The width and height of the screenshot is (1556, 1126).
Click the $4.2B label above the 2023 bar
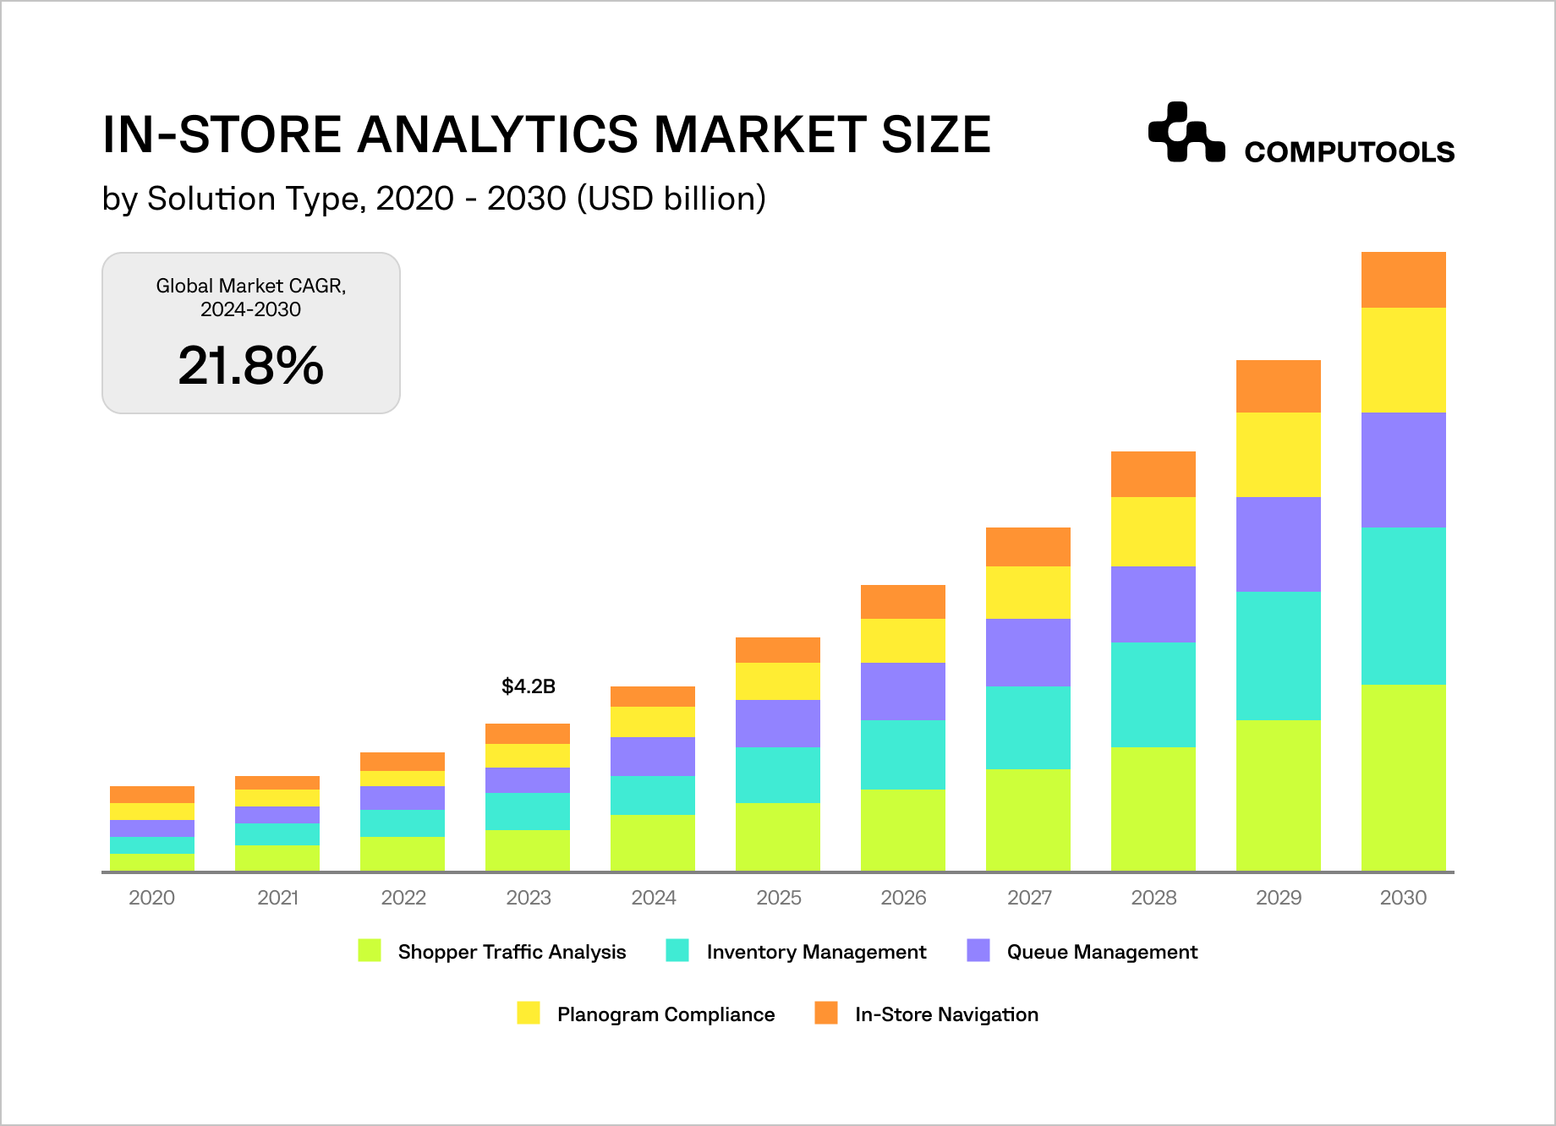(529, 686)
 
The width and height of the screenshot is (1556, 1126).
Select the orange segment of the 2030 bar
(1403, 280)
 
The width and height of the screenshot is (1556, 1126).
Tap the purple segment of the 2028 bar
(1153, 604)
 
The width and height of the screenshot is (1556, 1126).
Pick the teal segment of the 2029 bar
(1278, 656)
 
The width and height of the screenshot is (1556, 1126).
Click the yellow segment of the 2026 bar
(902, 641)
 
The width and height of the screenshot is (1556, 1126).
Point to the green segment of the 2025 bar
(777, 837)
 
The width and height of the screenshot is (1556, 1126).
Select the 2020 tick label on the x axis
(151, 898)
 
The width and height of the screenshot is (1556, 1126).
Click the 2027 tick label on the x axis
(1028, 898)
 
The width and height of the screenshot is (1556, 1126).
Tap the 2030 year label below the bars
(1403, 898)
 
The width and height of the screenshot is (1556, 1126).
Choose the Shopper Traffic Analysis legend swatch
(370, 951)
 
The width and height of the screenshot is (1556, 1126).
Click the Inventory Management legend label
(816, 952)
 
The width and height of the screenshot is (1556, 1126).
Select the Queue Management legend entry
(1101, 952)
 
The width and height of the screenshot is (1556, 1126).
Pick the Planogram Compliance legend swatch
(529, 1014)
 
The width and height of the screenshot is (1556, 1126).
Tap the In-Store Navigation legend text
(946, 1014)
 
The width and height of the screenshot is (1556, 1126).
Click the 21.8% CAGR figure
(250, 366)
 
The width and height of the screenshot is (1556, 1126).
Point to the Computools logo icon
(1186, 132)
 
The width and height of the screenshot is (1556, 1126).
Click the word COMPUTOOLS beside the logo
(1349, 152)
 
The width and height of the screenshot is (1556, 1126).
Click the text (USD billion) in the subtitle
(671, 199)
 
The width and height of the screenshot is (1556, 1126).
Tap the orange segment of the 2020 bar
(151, 795)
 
